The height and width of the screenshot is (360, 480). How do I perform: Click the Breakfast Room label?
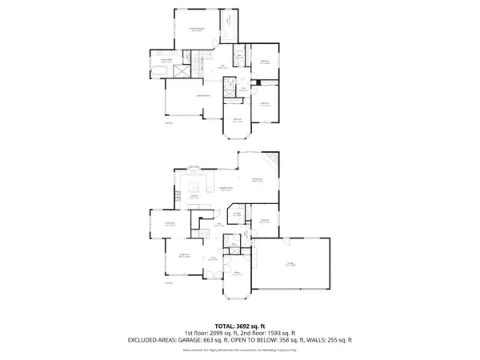[226, 189]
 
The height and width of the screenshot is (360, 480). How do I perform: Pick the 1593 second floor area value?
[259, 333]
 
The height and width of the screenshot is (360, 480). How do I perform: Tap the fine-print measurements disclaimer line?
[240, 350]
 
